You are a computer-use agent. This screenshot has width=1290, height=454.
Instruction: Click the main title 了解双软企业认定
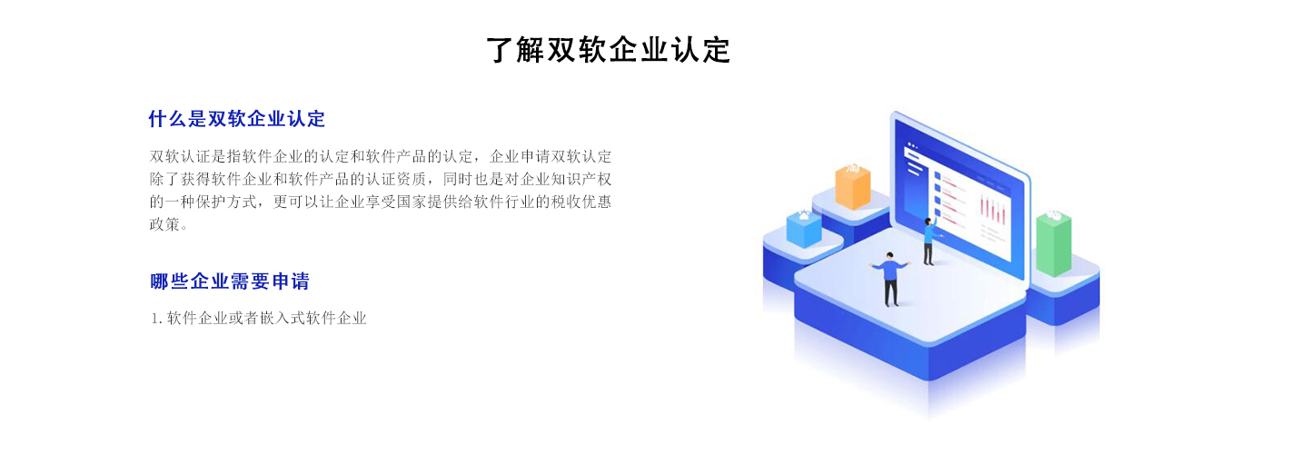click(609, 49)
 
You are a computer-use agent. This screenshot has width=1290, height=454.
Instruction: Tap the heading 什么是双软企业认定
click(237, 119)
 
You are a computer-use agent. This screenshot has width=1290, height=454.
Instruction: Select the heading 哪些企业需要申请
click(230, 281)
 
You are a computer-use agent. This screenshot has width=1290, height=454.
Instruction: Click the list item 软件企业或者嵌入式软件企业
click(267, 318)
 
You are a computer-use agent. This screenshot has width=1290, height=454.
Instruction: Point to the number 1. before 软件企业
click(156, 319)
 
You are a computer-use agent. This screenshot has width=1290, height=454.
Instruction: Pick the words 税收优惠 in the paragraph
click(580, 202)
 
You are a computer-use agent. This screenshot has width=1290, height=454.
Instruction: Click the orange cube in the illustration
click(852, 184)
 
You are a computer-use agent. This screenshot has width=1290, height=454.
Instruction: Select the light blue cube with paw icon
click(804, 228)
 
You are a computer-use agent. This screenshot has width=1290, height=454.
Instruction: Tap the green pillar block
click(1053, 242)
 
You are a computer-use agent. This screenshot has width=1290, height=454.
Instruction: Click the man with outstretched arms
click(890, 279)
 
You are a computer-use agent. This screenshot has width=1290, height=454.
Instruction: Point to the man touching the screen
click(929, 242)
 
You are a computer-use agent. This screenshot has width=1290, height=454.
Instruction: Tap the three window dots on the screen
click(912, 145)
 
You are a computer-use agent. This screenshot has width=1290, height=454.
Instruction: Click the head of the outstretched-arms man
click(889, 257)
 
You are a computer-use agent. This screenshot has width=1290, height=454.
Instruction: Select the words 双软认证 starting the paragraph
click(180, 156)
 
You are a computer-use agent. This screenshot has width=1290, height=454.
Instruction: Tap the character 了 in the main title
click(500, 49)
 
